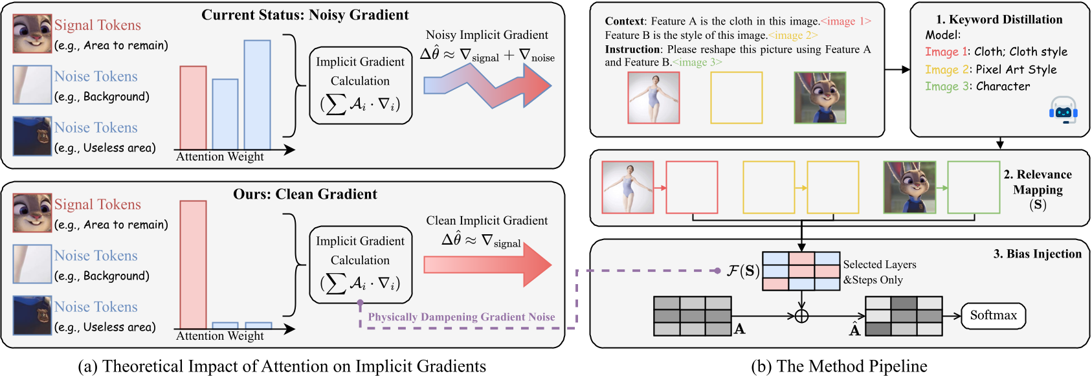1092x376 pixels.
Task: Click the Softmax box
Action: tap(993, 316)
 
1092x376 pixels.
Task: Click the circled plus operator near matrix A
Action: tap(801, 316)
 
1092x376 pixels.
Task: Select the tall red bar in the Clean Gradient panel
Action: tap(193, 264)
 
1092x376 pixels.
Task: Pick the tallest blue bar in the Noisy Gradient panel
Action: tap(257, 94)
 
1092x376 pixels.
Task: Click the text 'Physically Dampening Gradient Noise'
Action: tap(462, 317)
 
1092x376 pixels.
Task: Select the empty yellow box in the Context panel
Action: tap(736, 98)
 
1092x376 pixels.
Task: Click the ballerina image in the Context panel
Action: tap(653, 98)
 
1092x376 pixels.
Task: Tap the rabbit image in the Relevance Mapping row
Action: tap(909, 187)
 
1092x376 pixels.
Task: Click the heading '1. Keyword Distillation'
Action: tap(999, 19)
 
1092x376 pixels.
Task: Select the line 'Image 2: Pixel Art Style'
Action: tap(990, 69)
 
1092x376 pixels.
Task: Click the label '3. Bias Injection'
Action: tap(1037, 254)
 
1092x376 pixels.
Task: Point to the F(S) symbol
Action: tap(742, 271)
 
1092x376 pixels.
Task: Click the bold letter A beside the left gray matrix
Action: tap(740, 329)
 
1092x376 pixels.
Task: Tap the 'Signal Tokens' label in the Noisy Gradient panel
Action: tap(97, 25)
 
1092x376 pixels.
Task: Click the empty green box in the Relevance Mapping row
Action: tap(973, 187)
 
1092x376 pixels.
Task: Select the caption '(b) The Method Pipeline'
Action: tap(839, 366)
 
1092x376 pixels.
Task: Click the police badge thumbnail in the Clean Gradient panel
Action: tap(32, 315)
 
